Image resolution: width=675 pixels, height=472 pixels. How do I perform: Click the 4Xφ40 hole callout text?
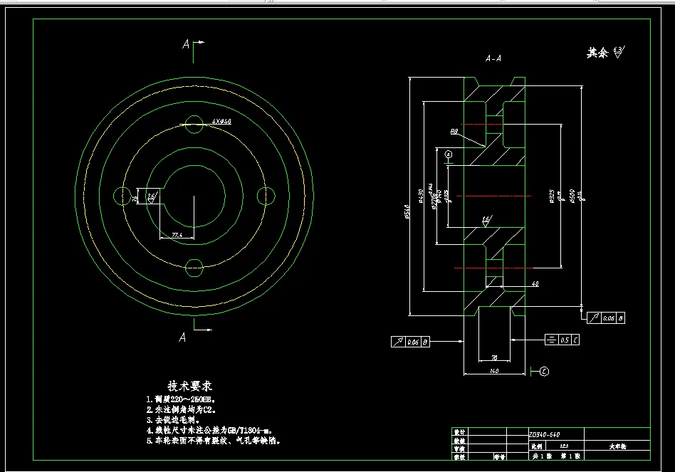[x=222, y=122]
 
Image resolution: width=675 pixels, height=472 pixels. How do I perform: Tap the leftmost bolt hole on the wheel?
[x=122, y=196]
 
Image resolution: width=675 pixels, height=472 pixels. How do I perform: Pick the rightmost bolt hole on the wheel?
[x=265, y=196]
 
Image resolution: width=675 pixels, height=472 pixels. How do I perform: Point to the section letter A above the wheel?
[x=187, y=44]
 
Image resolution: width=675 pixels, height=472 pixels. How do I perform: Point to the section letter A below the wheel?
[x=183, y=337]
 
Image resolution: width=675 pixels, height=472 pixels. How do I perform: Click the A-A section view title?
[x=493, y=58]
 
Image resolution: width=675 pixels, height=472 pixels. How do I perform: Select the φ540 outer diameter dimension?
[x=407, y=211]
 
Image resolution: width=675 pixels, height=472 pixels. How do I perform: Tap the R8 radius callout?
[x=454, y=131]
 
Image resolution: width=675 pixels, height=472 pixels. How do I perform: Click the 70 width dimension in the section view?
[x=493, y=356]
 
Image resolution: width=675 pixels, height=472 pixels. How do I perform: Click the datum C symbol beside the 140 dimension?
[x=544, y=370]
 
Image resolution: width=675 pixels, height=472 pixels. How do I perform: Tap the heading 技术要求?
[x=190, y=385]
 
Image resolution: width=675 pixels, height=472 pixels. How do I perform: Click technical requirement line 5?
[x=214, y=441]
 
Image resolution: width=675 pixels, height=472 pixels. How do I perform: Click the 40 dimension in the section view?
[x=535, y=283]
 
